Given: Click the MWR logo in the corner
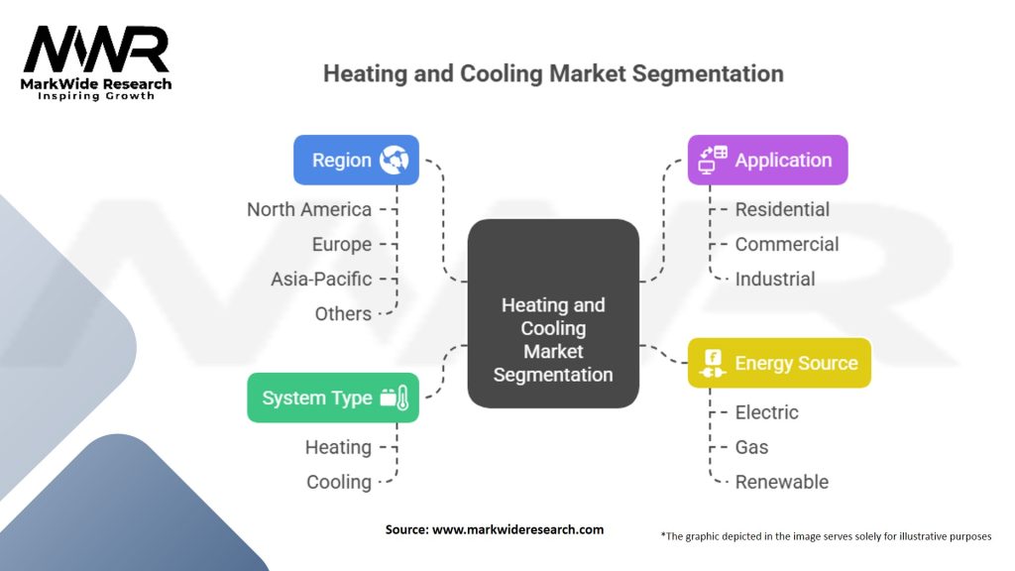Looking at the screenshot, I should tap(96, 61).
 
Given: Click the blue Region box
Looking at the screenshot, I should tap(356, 160).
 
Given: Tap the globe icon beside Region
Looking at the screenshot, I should tap(394, 160).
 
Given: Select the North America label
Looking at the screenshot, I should tap(309, 209).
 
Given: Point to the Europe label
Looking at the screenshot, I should tap(342, 244).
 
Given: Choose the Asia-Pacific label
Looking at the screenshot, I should tap(321, 279).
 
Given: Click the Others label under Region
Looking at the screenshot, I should tap(343, 313).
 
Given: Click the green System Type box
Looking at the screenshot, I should tap(333, 398).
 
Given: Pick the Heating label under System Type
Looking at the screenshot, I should tap(338, 447).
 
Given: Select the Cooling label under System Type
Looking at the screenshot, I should tap(339, 482).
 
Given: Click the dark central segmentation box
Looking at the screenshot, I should tap(553, 313).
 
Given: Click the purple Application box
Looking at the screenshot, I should tap(767, 160).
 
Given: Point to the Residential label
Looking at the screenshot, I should tap(782, 209).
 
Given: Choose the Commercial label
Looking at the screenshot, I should tap(786, 244).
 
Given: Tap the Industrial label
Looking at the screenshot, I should tap(774, 279).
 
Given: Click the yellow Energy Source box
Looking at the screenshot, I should tap(779, 363).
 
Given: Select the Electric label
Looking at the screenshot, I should tap(766, 412).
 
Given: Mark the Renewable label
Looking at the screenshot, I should tap(781, 482).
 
